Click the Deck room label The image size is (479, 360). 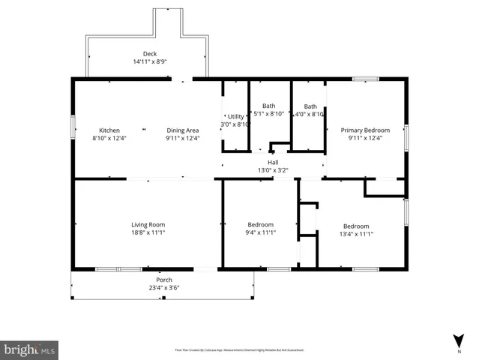pos(149,53)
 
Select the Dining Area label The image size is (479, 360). pos(182,129)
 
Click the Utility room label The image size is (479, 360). pos(235,116)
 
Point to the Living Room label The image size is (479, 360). pos(148,224)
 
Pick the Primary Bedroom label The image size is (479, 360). pos(366,129)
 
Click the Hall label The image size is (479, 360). pos(273,161)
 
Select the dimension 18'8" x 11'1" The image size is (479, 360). pos(148,233)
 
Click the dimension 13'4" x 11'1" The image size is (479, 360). pos(356,235)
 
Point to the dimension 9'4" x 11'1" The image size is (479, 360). pos(261,233)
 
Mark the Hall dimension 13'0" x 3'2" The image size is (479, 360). pos(273,169)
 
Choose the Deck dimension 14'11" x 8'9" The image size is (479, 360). pos(149,61)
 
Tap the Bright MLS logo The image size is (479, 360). pos(30,349)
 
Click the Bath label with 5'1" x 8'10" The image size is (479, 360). pos(268,106)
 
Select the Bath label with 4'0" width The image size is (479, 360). pos(310,106)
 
